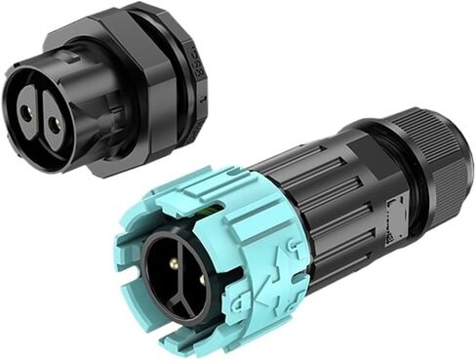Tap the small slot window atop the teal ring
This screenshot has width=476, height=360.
(207, 207)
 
